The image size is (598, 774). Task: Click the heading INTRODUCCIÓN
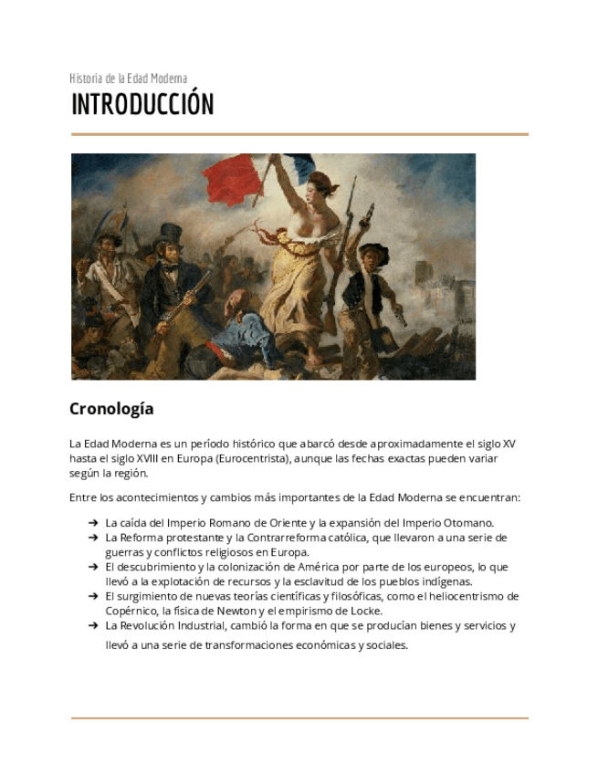(142, 105)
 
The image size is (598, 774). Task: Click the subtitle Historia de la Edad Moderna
(128, 78)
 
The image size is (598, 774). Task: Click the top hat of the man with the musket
(171, 235)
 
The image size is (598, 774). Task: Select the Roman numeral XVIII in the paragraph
(141, 458)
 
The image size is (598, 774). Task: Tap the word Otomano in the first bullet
(468, 523)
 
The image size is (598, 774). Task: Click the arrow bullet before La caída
(93, 523)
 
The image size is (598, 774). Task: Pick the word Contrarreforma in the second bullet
(280, 538)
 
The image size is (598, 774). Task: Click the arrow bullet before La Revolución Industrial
(93, 626)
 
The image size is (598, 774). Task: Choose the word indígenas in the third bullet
(446, 581)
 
